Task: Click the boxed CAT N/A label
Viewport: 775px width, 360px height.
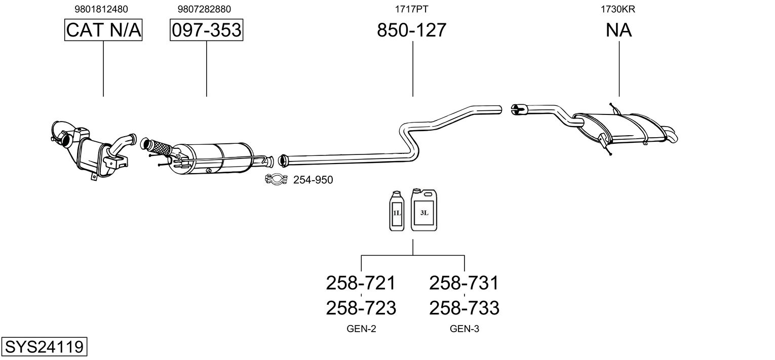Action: (x=103, y=30)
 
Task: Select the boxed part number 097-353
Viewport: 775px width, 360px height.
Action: (x=206, y=30)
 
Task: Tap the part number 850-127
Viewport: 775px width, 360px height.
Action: (x=411, y=30)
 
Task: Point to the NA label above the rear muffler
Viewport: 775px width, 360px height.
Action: (x=618, y=30)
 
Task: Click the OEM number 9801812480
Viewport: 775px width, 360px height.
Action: (x=101, y=9)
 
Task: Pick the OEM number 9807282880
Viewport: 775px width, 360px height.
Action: (x=204, y=9)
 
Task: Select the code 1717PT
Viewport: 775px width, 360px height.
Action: (x=411, y=9)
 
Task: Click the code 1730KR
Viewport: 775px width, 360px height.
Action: (x=617, y=9)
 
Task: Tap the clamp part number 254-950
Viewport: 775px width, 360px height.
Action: (x=313, y=180)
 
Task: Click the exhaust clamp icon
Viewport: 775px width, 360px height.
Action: (x=276, y=179)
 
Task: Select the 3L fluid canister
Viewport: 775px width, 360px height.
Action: (x=424, y=210)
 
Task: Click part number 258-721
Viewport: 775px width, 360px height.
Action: (x=361, y=283)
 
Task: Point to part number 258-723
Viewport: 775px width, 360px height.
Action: (x=361, y=308)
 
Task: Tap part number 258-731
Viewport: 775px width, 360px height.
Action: (x=464, y=283)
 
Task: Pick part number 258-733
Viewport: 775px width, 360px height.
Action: (x=464, y=308)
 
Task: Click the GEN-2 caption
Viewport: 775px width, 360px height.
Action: (x=361, y=329)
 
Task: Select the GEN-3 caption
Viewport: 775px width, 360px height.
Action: (x=464, y=329)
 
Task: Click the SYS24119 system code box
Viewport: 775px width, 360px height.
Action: (x=44, y=346)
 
